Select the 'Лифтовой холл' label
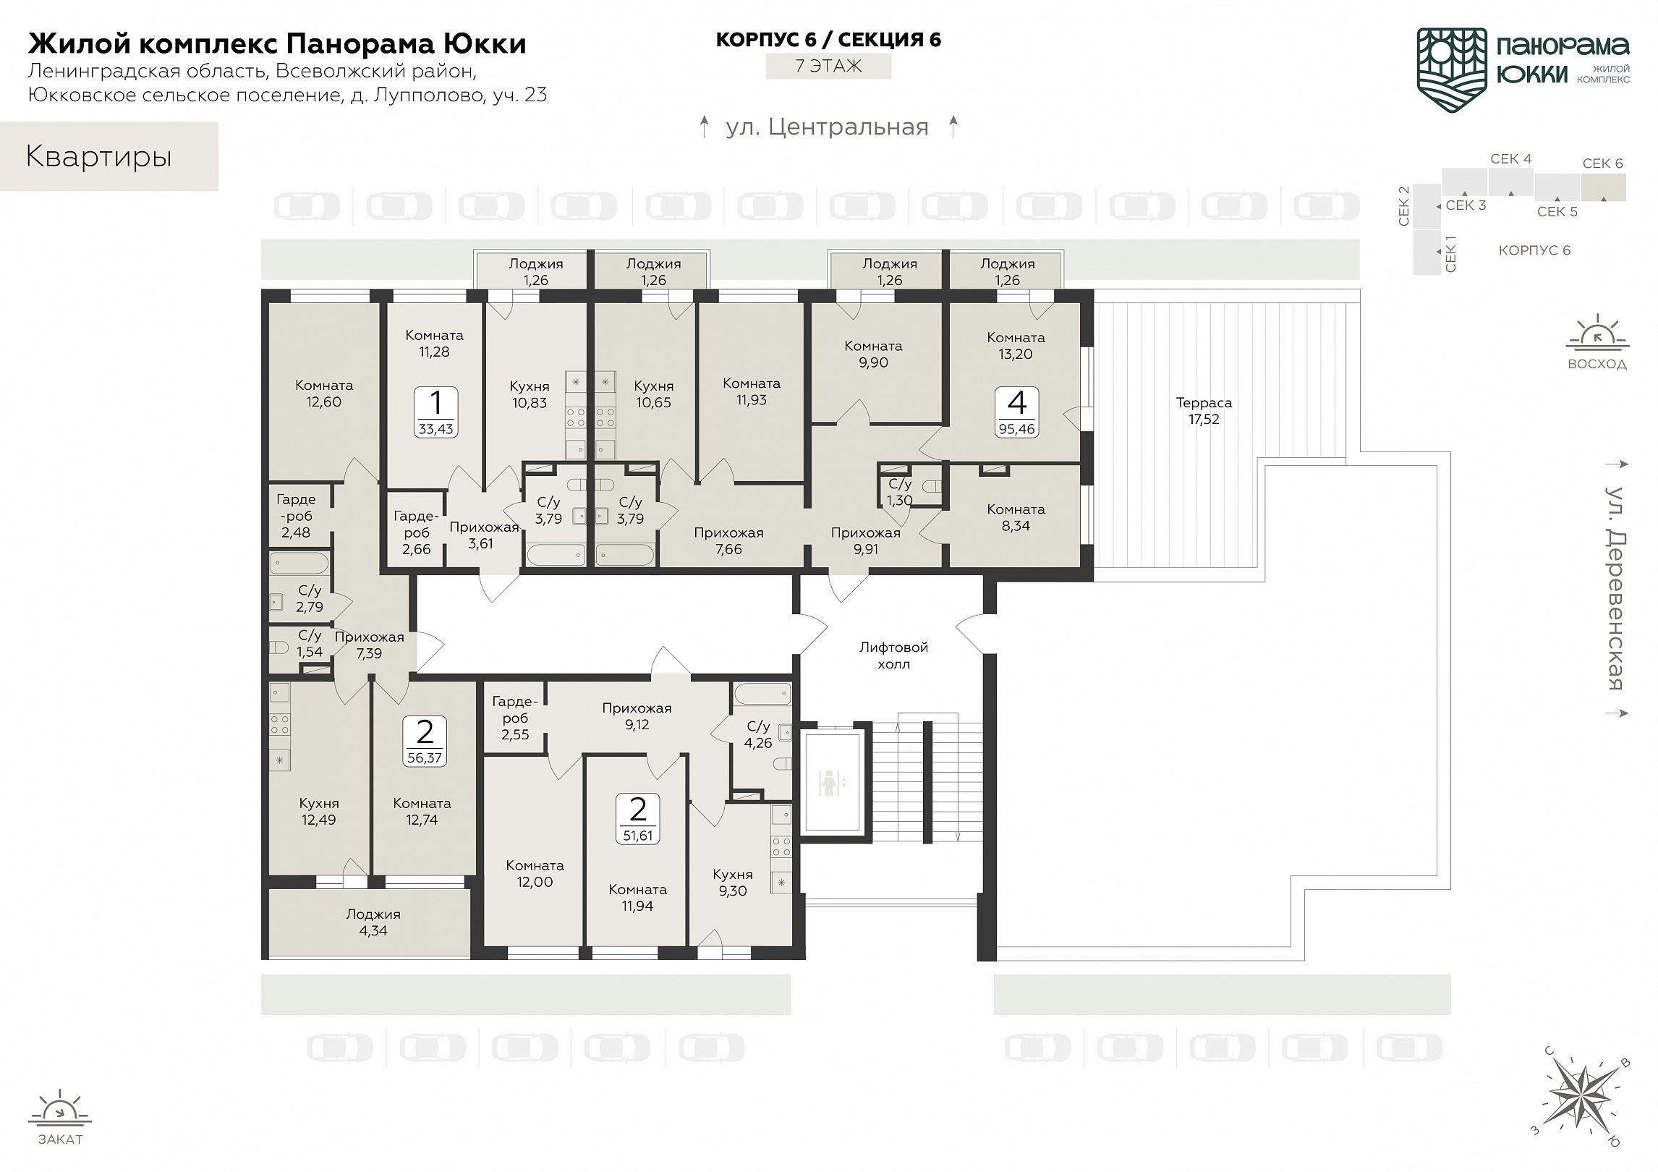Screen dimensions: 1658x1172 (893, 655)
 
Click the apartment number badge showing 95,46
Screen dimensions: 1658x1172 (1016, 412)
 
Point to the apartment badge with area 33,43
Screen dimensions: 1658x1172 (435, 412)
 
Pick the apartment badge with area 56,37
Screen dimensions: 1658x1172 (425, 742)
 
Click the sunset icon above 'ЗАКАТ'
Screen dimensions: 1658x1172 (61, 1111)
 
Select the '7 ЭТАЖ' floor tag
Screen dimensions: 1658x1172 (829, 66)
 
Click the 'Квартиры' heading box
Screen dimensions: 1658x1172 (109, 156)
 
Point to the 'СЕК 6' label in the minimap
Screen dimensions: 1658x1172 (1603, 164)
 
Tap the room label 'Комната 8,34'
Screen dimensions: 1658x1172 (1016, 518)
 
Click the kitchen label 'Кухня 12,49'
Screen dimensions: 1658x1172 (318, 812)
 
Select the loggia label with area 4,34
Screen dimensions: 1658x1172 (373, 923)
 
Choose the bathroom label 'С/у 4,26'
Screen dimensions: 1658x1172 (758, 734)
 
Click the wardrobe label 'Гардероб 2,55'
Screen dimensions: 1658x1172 (515, 718)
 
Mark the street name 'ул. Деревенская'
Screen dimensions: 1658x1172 (1615, 587)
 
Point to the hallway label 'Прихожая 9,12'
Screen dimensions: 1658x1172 (637, 716)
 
